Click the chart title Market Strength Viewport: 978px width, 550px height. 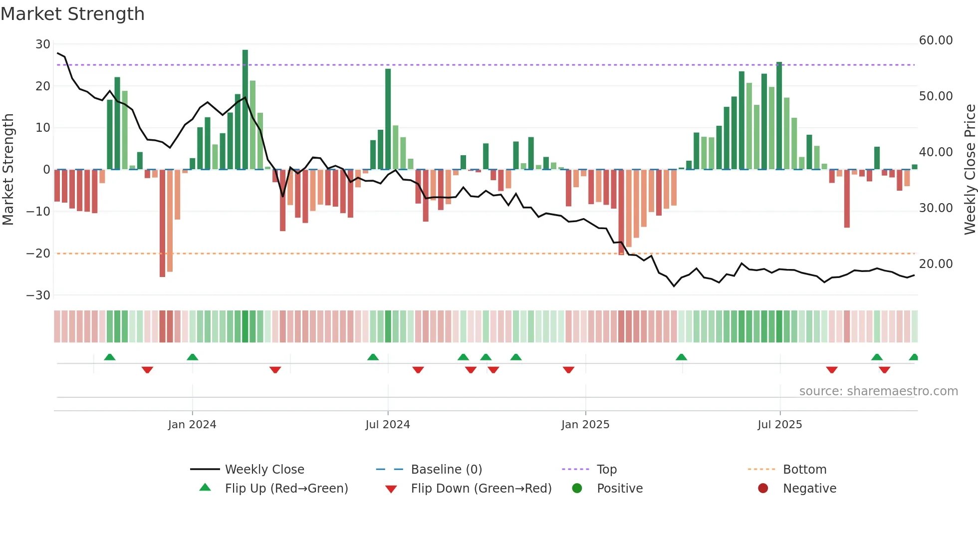click(73, 14)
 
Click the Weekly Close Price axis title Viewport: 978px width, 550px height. click(970, 169)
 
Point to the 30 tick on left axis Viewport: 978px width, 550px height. click(42, 44)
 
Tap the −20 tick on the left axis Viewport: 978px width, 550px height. click(38, 254)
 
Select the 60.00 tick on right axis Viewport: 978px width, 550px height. click(936, 40)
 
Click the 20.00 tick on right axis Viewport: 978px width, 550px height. click(936, 264)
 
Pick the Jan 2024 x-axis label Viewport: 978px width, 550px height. click(192, 425)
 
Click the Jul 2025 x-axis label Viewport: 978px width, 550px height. click(779, 425)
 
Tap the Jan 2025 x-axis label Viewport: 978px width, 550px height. click(585, 425)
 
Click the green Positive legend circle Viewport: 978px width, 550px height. click(577, 489)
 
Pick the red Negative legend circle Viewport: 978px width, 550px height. click(763, 489)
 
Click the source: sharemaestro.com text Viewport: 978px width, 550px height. click(878, 391)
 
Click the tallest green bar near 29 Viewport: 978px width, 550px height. click(245, 110)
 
